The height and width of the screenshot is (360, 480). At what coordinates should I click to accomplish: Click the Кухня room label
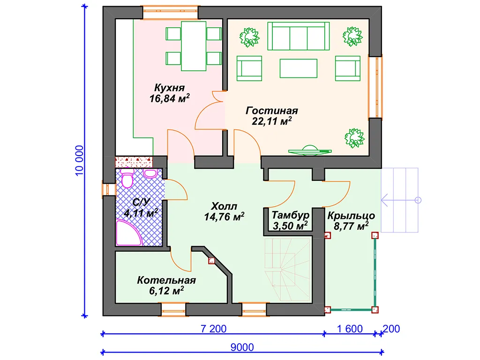coord(169,88)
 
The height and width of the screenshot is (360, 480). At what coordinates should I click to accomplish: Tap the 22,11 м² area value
coord(271,121)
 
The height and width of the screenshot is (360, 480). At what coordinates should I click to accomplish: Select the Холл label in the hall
coord(224,206)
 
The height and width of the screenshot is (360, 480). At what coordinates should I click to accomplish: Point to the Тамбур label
coord(291,215)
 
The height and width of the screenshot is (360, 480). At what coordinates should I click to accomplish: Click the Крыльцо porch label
coord(351,216)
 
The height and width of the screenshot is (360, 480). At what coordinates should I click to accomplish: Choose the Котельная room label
coord(166,280)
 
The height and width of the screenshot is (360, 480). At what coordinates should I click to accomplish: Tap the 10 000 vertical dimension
coord(79,160)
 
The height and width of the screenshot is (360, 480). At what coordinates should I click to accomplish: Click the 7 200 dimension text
coord(213,329)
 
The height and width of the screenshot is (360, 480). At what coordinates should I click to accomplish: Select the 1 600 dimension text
coord(350,329)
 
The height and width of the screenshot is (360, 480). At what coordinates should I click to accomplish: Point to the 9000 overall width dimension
coord(242,347)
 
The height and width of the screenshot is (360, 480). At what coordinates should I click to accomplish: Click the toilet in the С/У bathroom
coord(127,178)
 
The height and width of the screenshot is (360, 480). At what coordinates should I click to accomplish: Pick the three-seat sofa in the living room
coord(299,36)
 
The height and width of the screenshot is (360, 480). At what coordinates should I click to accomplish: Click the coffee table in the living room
coord(299,68)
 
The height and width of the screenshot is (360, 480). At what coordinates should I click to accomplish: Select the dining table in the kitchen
coord(194,46)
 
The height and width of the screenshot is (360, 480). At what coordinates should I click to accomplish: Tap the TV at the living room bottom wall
coord(310,150)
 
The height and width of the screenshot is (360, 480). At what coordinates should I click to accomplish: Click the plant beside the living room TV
coord(354,138)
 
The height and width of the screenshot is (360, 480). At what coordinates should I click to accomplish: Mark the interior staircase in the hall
coord(287,270)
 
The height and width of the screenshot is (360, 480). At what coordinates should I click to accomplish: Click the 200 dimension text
coord(391,329)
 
